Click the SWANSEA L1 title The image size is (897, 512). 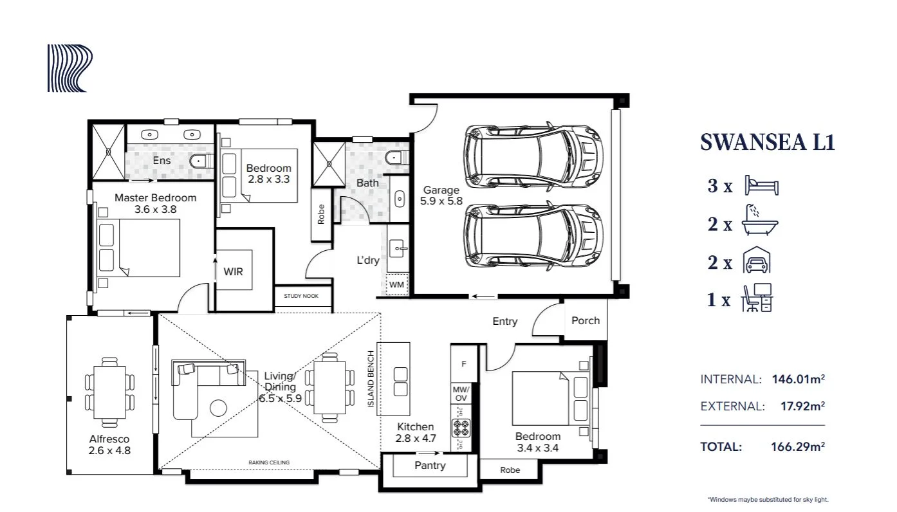point(767,142)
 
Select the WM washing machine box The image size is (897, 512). point(396,284)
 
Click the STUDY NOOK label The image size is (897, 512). point(301,296)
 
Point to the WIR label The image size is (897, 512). point(233,272)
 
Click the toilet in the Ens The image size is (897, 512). point(201,161)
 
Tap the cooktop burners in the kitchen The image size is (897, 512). point(461,428)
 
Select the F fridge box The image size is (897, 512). point(464,364)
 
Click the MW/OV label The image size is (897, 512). point(461,394)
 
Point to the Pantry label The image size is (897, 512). point(430,466)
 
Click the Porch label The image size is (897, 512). point(586,321)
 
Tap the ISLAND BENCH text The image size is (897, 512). point(371,379)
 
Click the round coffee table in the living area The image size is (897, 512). point(218,408)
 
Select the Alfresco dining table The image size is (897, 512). point(109,392)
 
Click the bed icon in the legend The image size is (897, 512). point(762,185)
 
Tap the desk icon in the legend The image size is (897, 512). point(757,297)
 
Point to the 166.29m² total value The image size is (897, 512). point(798,446)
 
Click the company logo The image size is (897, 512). point(69,68)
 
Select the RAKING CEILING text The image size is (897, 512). point(269,462)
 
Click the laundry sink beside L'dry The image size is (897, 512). point(397,248)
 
